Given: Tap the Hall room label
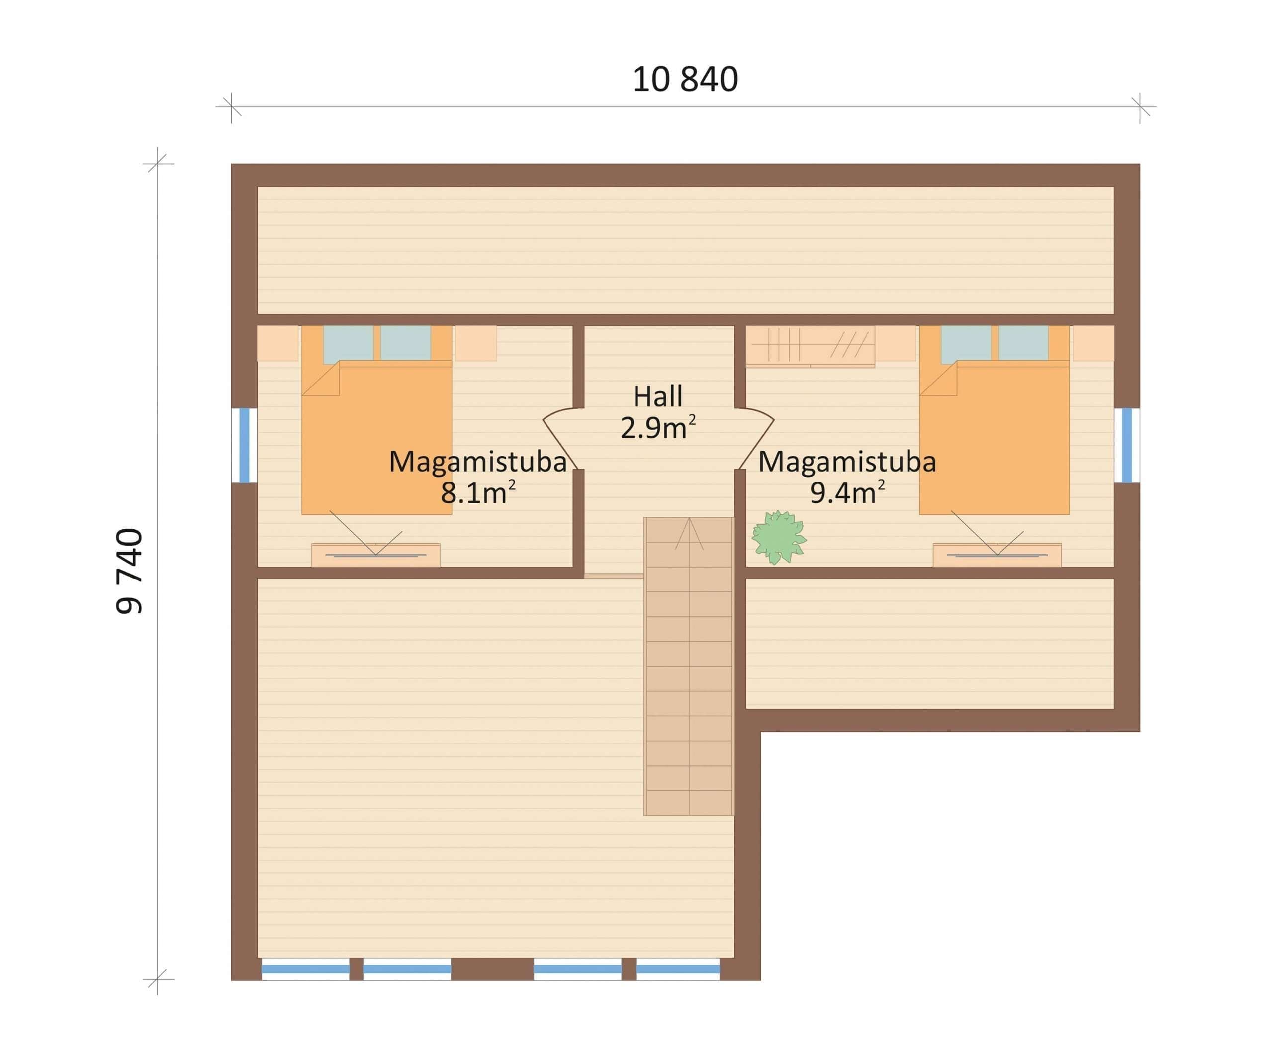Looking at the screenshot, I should pos(658,396).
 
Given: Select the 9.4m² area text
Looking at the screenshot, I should pos(847,493).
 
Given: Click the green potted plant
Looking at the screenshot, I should pos(778,537).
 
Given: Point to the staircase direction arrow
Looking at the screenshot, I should pos(689,534).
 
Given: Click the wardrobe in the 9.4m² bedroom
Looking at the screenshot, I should pos(810,346).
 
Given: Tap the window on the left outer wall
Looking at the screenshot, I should pos(244,446).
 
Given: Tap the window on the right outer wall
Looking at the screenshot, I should pos(1126,446).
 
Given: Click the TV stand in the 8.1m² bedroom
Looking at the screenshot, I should pos(376,555).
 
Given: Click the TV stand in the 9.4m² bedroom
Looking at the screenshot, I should pos(997,555).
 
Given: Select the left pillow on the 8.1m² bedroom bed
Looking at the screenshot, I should pos(348,344).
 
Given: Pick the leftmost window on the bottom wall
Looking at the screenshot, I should pos(305,969).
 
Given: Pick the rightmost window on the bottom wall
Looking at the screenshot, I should pos(678,969).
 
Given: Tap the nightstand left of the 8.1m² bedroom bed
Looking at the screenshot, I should pos(277,343).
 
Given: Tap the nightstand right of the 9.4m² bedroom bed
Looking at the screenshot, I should pos(1093,343).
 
